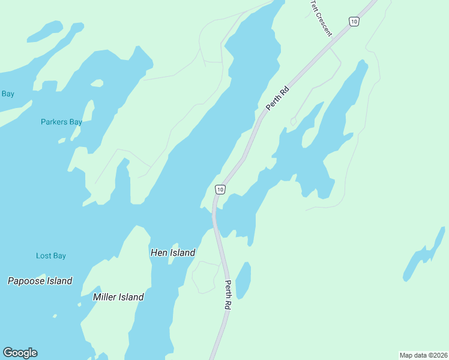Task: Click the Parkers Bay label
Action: (x=61, y=122)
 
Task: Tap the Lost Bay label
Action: (x=51, y=256)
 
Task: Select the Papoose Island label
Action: (x=40, y=281)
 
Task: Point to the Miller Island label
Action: (x=118, y=297)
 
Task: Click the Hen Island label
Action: (x=172, y=253)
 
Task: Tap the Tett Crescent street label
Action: (x=321, y=17)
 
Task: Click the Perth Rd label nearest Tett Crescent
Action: (x=278, y=99)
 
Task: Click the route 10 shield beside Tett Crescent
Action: (x=354, y=22)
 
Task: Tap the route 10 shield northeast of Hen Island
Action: (x=220, y=190)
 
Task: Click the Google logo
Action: (x=20, y=353)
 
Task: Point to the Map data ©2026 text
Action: (x=423, y=355)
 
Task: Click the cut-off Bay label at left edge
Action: (x=7, y=94)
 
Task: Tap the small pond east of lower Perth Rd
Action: (x=243, y=280)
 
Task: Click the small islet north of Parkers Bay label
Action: (x=97, y=83)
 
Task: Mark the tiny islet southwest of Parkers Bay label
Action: (x=61, y=141)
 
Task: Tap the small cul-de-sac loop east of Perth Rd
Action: (x=293, y=122)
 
